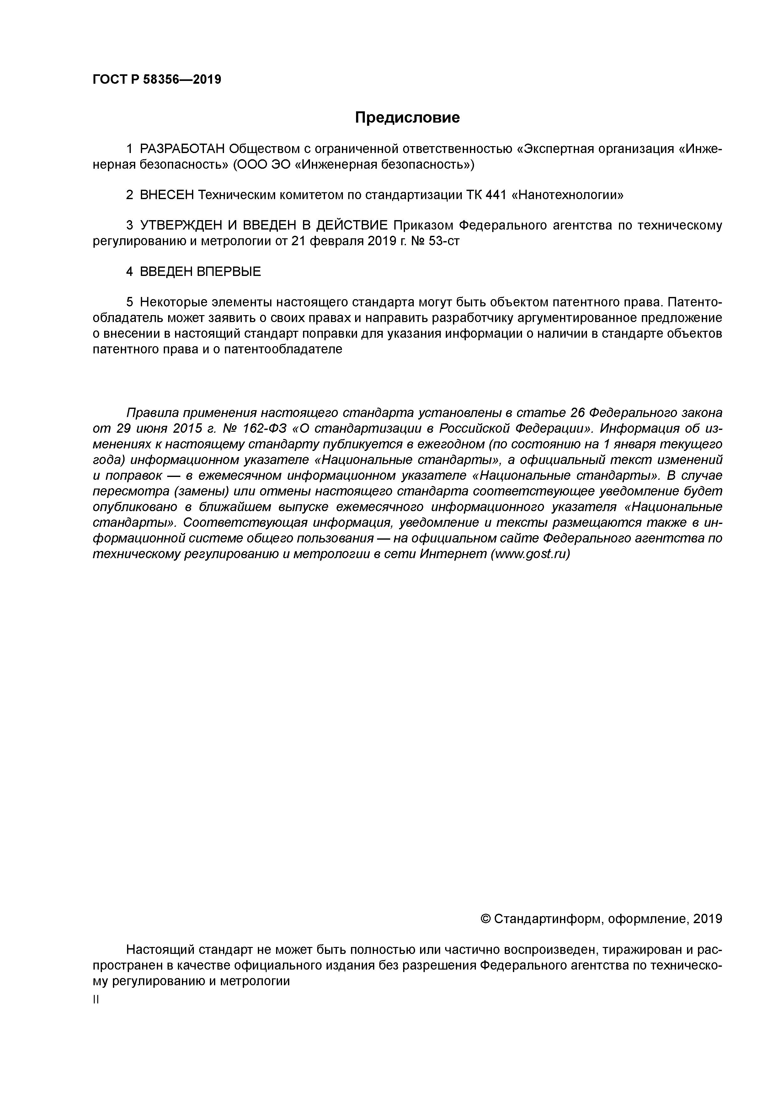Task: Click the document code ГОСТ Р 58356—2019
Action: pos(157,80)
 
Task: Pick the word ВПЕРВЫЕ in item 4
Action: pos(229,272)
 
